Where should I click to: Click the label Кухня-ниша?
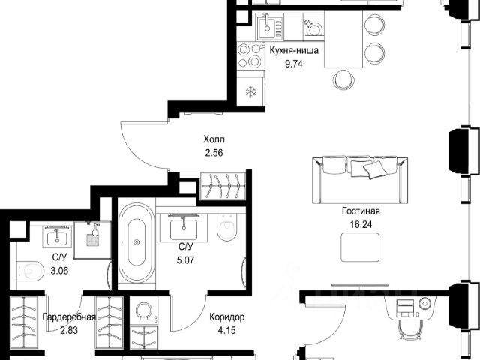(294, 50)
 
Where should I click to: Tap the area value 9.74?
(294, 64)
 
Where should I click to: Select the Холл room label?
(214, 139)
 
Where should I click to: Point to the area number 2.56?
(214, 153)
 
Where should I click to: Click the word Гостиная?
(361, 211)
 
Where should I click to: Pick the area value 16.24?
(361, 225)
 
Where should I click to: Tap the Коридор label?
(226, 317)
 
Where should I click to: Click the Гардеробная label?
(69, 316)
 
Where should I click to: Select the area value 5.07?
(185, 260)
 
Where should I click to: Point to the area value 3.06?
(59, 271)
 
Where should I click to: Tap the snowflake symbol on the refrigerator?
(251, 91)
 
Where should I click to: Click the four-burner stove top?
(250, 56)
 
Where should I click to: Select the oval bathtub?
(136, 242)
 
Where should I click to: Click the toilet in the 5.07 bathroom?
(226, 226)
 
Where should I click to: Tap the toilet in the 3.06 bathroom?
(30, 271)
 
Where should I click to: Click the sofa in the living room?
(360, 180)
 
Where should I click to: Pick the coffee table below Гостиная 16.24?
(360, 247)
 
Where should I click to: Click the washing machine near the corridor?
(144, 311)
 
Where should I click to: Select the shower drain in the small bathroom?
(92, 240)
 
